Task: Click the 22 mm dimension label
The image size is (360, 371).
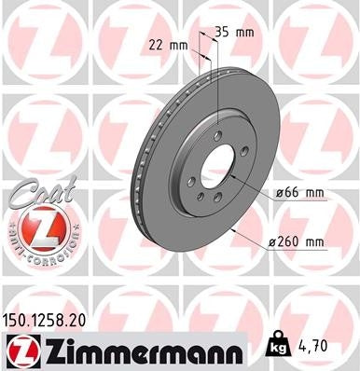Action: pos(167,44)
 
